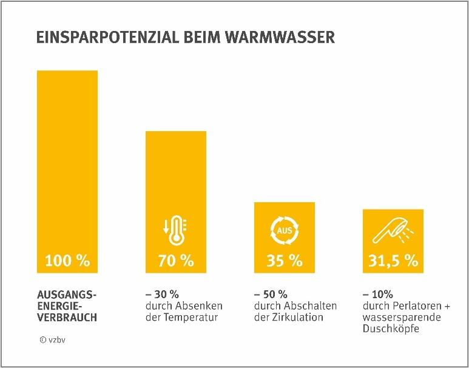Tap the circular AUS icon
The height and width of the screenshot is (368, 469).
pyautogui.click(x=284, y=231)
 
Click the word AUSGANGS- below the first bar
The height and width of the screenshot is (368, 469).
pyautogui.click(x=67, y=295)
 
